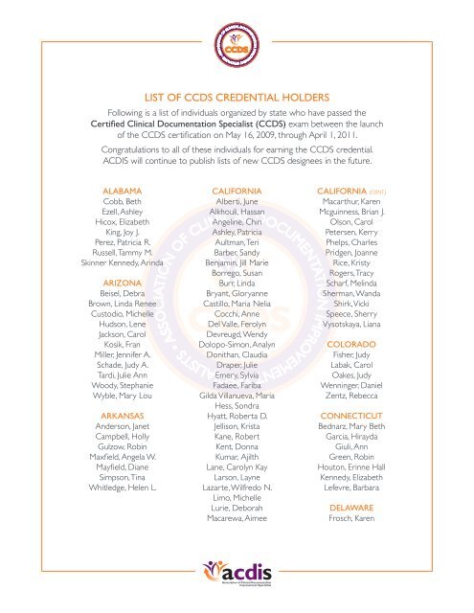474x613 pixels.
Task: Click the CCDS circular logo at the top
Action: [x=237, y=44]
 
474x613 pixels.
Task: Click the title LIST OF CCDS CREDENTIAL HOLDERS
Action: [x=237, y=96]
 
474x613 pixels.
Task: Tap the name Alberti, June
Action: [x=237, y=205]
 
